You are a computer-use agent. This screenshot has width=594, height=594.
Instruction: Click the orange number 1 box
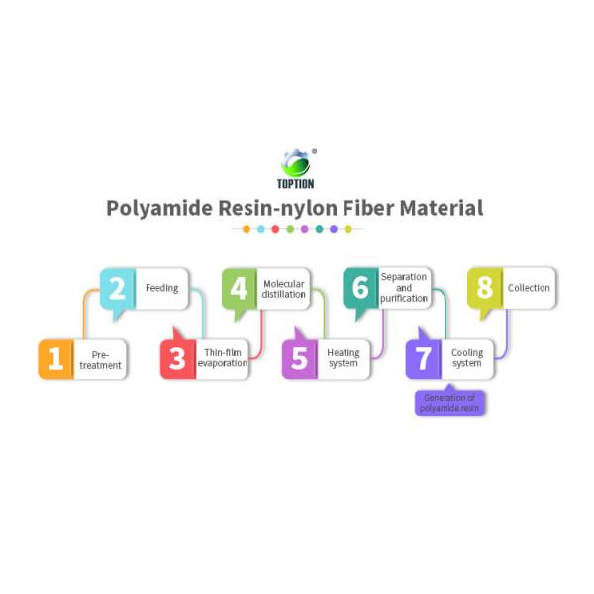tap(55, 359)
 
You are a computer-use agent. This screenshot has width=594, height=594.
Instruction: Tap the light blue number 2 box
tap(117, 289)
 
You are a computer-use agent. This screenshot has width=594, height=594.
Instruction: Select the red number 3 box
tap(177, 359)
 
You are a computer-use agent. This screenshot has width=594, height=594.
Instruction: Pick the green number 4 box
tap(239, 289)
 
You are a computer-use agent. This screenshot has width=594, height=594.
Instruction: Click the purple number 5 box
tap(300, 359)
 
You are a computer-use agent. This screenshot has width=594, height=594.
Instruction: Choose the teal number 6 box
tap(360, 289)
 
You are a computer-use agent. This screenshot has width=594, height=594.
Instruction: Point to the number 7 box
tap(423, 359)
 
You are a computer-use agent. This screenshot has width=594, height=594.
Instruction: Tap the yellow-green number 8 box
tap(484, 289)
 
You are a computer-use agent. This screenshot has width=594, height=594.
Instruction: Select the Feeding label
tap(161, 289)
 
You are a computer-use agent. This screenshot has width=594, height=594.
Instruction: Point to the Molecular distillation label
tap(283, 289)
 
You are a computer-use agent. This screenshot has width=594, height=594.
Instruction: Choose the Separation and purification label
tap(404, 288)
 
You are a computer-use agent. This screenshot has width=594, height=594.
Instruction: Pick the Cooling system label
tap(467, 358)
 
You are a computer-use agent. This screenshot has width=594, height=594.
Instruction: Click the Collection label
tap(528, 289)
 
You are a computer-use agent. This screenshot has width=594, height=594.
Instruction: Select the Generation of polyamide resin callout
tap(450, 403)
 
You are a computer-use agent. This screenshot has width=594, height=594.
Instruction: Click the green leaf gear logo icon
tap(296, 162)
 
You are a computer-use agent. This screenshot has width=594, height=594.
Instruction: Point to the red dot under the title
tap(275, 229)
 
